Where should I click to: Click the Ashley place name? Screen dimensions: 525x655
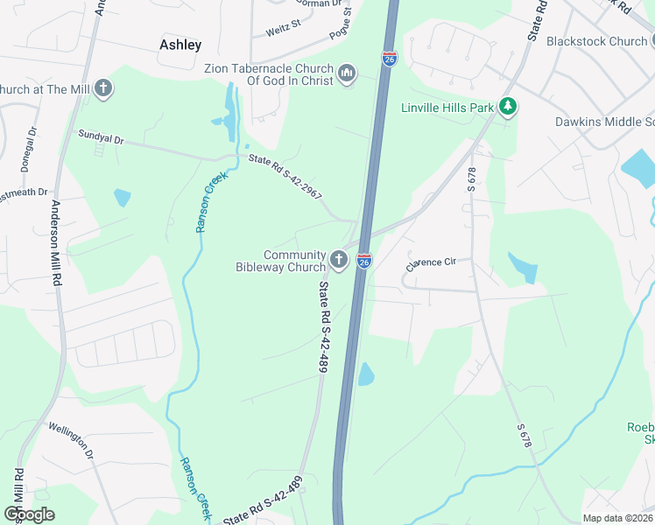click(180, 45)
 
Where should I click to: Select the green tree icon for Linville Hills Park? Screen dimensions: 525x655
click(507, 107)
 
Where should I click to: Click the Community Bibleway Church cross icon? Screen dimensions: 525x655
click(339, 260)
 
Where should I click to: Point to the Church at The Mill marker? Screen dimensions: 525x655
click(103, 88)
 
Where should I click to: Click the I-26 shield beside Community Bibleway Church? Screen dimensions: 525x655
click(363, 261)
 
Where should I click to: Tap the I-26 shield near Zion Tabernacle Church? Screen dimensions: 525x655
click(390, 59)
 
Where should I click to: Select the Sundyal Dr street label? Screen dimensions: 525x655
click(102, 138)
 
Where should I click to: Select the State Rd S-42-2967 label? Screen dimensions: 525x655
click(285, 176)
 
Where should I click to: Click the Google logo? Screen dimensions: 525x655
click(29, 514)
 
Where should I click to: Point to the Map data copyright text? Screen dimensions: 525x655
click(616, 518)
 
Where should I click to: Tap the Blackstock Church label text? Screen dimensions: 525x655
click(595, 41)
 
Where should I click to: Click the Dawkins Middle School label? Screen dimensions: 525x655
click(604, 122)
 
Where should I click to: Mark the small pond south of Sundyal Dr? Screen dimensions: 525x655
click(122, 198)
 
